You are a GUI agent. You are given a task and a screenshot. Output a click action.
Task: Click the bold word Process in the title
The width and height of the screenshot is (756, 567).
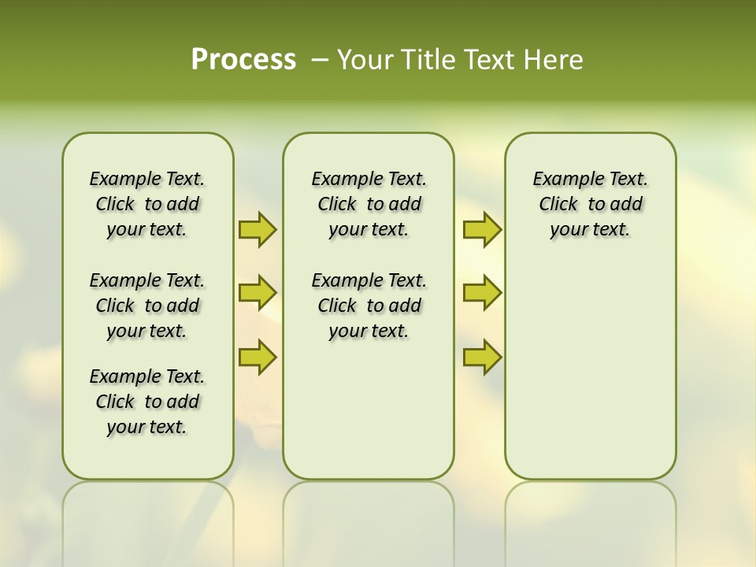coord(243,60)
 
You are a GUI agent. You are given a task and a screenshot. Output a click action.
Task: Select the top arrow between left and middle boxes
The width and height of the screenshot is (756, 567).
coord(258,230)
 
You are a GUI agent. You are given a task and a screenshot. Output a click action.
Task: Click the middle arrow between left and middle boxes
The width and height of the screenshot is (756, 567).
coord(258,293)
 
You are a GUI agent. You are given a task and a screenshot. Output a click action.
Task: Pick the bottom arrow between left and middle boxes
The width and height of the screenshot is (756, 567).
coord(258,357)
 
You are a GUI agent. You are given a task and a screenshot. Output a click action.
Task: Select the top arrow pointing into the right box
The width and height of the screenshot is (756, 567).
coord(482,230)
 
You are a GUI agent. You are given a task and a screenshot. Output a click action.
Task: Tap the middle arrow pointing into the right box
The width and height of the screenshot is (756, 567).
coord(482,293)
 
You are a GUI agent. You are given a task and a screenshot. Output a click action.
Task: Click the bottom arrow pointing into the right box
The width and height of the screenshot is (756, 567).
coord(482,357)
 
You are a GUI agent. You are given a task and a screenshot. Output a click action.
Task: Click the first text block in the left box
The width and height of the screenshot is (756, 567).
coord(147,204)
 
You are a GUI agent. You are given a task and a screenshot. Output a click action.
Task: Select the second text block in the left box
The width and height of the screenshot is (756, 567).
coord(147,306)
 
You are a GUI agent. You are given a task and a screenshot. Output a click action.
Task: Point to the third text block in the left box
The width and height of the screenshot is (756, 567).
coord(147,402)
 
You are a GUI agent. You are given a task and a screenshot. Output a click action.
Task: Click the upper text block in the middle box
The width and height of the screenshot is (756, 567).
coord(369,204)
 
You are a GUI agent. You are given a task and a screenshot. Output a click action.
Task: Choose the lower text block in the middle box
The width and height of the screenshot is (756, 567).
coord(369,306)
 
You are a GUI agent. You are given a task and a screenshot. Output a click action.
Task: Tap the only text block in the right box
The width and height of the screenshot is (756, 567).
coord(590,204)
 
